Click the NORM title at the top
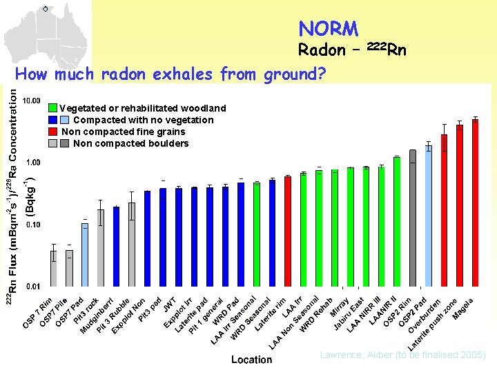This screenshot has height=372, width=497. pyautogui.click(x=328, y=29)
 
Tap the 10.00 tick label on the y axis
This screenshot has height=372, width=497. pyautogui.click(x=32, y=101)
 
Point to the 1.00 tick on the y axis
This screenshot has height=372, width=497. pyautogui.click(x=33, y=163)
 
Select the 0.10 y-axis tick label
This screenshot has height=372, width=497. pyautogui.click(x=33, y=225)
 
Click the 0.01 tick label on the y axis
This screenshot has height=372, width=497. pyautogui.click(x=33, y=286)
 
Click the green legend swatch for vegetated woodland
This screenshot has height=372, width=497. pyautogui.click(x=52, y=108)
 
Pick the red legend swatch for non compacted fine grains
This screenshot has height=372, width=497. pyautogui.click(x=52, y=132)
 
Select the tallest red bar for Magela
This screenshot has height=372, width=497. pyautogui.click(x=475, y=203)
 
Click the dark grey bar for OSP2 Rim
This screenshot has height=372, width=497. pyautogui.click(x=413, y=218)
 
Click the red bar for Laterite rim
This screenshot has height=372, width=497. pyautogui.click(x=288, y=231)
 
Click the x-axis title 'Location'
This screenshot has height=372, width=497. pyautogui.click(x=251, y=360)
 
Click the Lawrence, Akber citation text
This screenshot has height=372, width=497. pyautogui.click(x=403, y=355)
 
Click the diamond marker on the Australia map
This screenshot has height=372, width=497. pyautogui.click(x=45, y=9)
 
